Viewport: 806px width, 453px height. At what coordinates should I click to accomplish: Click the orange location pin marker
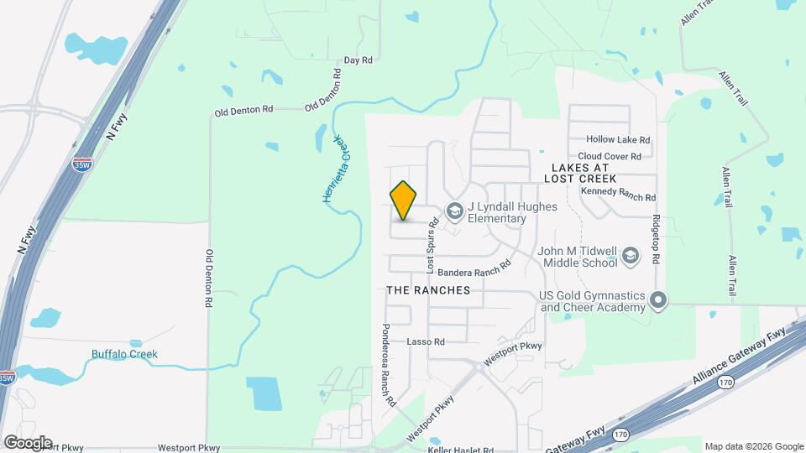[x=404, y=200]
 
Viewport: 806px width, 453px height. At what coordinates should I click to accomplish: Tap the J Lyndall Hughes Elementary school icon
[x=455, y=211]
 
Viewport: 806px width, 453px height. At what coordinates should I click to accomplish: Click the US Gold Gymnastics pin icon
[x=659, y=299]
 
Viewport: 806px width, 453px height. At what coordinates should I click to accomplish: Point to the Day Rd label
[x=358, y=61]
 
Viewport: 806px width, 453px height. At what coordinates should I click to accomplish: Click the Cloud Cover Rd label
[x=610, y=157]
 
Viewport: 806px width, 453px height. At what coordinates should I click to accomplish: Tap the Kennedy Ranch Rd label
[x=618, y=194]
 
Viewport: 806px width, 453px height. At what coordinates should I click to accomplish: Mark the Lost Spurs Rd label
[x=433, y=247]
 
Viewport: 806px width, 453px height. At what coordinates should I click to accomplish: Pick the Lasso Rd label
[x=425, y=341]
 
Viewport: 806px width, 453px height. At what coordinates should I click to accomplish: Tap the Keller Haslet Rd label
[x=460, y=450]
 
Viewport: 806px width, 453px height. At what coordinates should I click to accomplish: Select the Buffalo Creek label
[x=124, y=354]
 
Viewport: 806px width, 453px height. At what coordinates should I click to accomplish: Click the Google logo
[x=28, y=442]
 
